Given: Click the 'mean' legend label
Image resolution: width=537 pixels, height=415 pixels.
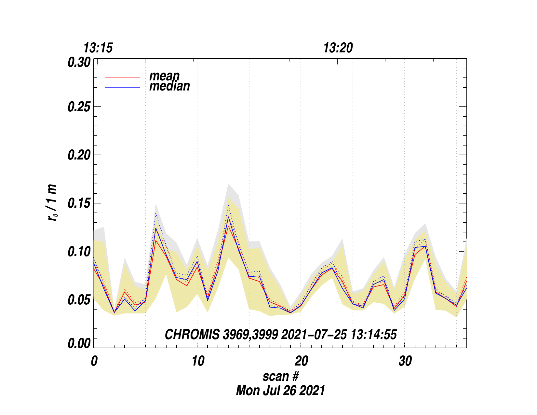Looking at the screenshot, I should tap(164, 76).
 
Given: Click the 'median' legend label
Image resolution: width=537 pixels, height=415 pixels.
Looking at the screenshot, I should tap(169, 86).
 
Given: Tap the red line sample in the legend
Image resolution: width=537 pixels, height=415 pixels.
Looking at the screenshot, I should tap(123, 77).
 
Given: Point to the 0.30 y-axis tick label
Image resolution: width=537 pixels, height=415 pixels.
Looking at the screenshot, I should tap(79, 62).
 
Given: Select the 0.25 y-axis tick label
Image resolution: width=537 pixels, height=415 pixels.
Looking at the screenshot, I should tap(79, 107).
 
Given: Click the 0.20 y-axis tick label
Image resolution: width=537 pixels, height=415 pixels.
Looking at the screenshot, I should tap(79, 155).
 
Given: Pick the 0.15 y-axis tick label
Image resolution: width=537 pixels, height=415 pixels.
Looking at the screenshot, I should tap(79, 203).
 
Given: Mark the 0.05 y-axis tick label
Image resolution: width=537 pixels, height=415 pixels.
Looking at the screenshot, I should tap(79, 300).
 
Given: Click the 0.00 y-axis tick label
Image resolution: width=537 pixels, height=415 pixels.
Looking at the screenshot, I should tap(79, 344).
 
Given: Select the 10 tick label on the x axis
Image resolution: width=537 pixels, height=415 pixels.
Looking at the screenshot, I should tap(197, 361).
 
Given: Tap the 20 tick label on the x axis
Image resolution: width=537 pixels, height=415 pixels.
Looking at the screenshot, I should tap(301, 361).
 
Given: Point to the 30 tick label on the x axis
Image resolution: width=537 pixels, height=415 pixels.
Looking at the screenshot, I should tap(405, 361).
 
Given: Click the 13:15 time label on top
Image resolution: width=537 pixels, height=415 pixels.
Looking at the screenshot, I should tap(98, 48).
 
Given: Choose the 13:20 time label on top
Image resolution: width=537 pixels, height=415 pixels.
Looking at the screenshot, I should tap(338, 48).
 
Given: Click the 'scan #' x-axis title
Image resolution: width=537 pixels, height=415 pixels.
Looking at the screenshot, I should tap(280, 376).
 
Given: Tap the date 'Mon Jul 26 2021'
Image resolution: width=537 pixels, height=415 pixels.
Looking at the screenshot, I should tap(280, 390).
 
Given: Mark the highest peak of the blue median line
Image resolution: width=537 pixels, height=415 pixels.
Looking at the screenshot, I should tap(229, 217).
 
